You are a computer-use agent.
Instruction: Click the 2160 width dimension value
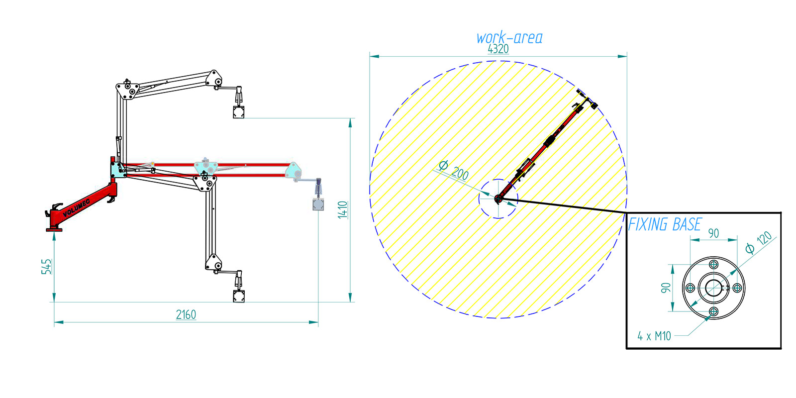[x=186, y=314]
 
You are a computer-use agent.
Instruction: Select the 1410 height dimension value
[x=343, y=209]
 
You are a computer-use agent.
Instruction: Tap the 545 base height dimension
[x=46, y=266]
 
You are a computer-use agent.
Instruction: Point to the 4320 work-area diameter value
[x=498, y=49]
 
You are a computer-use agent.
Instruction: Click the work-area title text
[x=509, y=38]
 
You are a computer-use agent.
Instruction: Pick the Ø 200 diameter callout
[x=454, y=170]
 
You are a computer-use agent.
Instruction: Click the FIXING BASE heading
[x=665, y=224]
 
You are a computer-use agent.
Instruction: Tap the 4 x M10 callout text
[x=654, y=336]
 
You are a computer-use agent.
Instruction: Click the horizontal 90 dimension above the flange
[x=713, y=233]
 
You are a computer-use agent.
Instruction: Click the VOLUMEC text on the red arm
[x=76, y=208]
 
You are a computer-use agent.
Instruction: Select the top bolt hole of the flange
[x=714, y=264]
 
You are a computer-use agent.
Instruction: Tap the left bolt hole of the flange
[x=690, y=288]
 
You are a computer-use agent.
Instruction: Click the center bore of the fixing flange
[x=713, y=288]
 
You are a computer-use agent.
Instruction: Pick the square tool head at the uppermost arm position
[x=239, y=112]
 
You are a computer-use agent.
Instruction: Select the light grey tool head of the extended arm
[x=318, y=204]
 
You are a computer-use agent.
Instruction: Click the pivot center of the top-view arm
[x=498, y=199]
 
